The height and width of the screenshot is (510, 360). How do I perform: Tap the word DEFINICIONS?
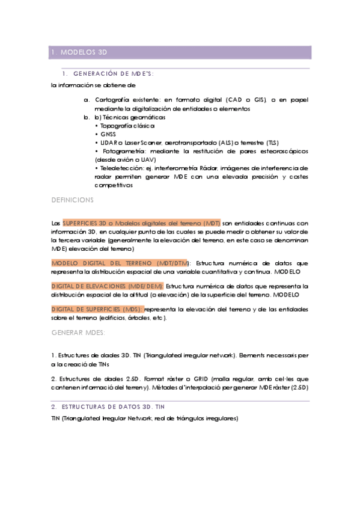click(x=73, y=198)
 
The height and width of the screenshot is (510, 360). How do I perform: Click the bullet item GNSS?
click(x=108, y=134)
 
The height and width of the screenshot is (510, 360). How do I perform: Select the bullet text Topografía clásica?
click(x=127, y=126)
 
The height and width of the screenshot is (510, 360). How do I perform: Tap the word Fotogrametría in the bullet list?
click(x=127, y=150)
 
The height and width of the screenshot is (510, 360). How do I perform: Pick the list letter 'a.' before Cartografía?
click(x=87, y=100)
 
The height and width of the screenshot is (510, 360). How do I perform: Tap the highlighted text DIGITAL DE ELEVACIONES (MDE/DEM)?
click(x=107, y=286)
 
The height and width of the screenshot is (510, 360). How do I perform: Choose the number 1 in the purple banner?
click(x=54, y=53)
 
